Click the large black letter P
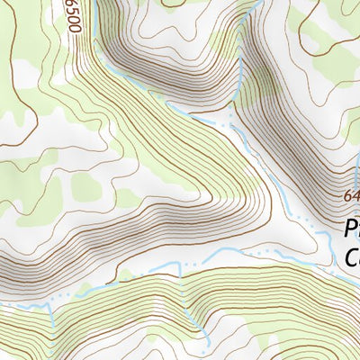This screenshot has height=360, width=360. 353,229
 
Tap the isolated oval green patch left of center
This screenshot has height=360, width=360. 87,187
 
